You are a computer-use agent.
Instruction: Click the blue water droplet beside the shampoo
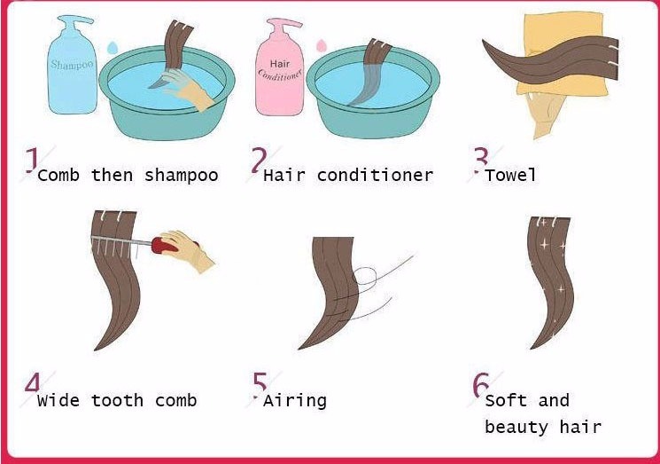pyautogui.click(x=113, y=48)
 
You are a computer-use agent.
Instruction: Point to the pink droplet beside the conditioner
pyautogui.click(x=322, y=45)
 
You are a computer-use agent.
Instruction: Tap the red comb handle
pyautogui.click(x=164, y=245)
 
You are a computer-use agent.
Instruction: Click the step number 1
pyautogui.click(x=32, y=161)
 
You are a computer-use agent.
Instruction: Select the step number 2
pyautogui.click(x=259, y=161)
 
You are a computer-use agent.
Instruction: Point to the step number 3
pyautogui.click(x=481, y=160)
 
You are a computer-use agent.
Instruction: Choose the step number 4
pyautogui.click(x=33, y=382)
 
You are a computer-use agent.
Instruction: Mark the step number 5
pyautogui.click(x=260, y=383)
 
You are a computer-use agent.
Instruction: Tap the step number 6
pyautogui.click(x=481, y=384)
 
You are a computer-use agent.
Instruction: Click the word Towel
pyautogui.click(x=510, y=175)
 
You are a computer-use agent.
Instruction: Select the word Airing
pyautogui.click(x=295, y=400)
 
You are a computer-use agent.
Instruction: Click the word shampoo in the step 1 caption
pyautogui.click(x=181, y=176)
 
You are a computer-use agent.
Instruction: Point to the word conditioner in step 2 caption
pyautogui.click(x=375, y=175)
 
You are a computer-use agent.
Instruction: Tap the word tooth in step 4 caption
pyautogui.click(x=117, y=400)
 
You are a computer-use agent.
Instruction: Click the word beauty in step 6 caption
pyautogui.click(x=516, y=427)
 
